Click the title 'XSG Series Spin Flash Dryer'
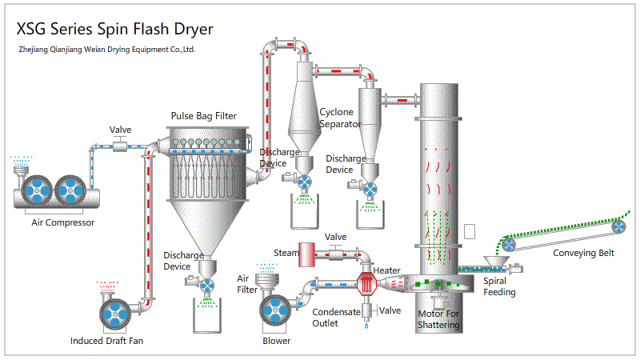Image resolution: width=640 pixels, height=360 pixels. [x=115, y=29]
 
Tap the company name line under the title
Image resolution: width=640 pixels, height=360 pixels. [x=106, y=50]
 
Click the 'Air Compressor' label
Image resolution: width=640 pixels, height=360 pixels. [x=63, y=222]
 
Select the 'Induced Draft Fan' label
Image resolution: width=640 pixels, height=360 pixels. [x=107, y=342]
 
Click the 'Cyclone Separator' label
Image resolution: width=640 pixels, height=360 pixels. [x=339, y=118]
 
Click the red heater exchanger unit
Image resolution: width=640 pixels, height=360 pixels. [x=366, y=283]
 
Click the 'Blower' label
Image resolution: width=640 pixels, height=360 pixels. [x=277, y=341]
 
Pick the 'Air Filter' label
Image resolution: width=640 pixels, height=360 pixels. [x=247, y=284]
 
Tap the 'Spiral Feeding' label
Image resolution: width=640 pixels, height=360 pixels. [x=499, y=286]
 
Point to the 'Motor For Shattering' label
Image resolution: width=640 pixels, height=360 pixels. [x=438, y=319]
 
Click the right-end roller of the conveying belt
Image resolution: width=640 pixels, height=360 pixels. [x=619, y=228]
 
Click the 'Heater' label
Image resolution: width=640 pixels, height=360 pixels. [x=387, y=270]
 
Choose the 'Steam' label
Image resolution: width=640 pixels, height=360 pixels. [x=286, y=253]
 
